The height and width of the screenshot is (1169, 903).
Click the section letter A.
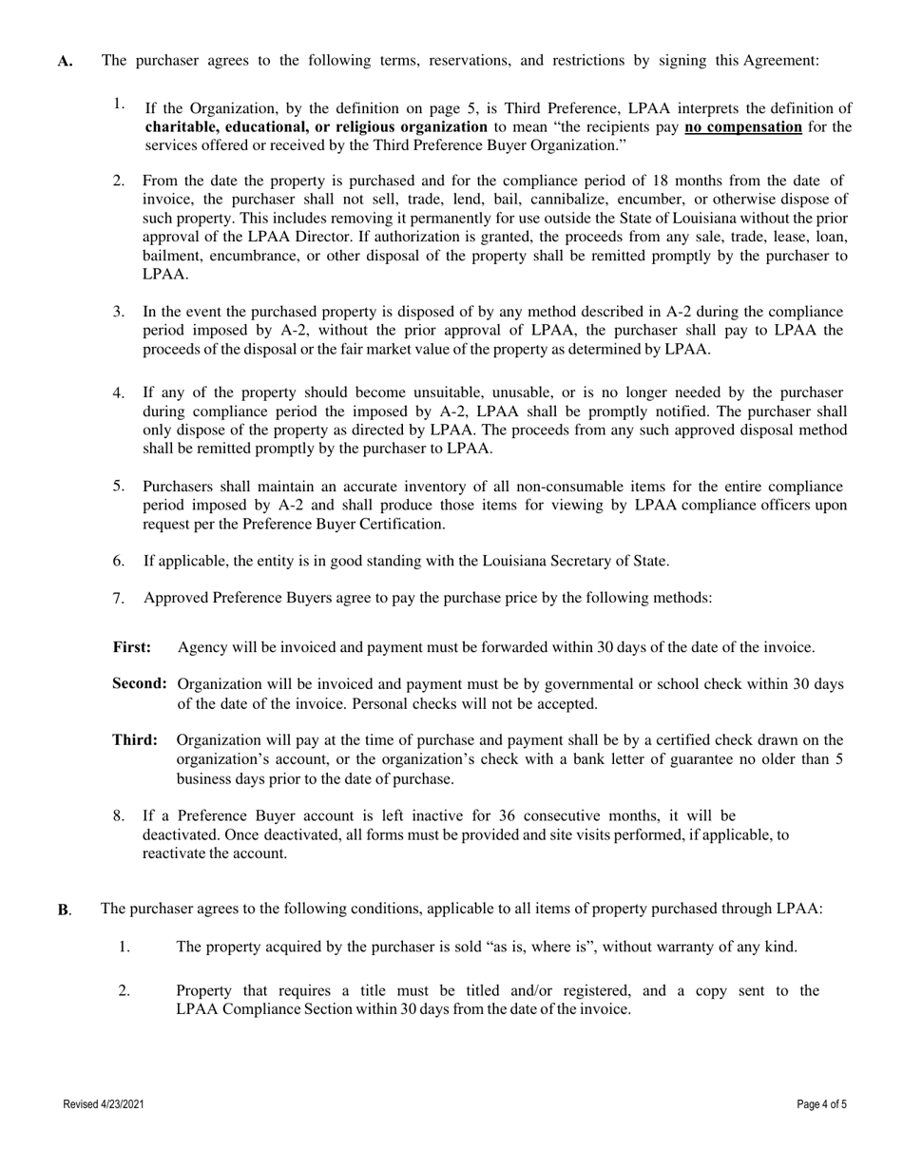coord(64,62)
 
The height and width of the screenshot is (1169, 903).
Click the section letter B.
coord(64,910)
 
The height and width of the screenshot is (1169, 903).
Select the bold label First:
coord(132,648)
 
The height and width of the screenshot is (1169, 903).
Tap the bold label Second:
coord(140,684)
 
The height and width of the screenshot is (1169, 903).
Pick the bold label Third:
coord(135,740)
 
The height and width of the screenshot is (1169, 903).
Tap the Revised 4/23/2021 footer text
coord(104,1104)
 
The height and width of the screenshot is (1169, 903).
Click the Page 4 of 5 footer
coord(821,1104)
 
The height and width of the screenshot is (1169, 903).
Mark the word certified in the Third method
coord(660,740)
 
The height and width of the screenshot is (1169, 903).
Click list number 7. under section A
coord(119,598)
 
